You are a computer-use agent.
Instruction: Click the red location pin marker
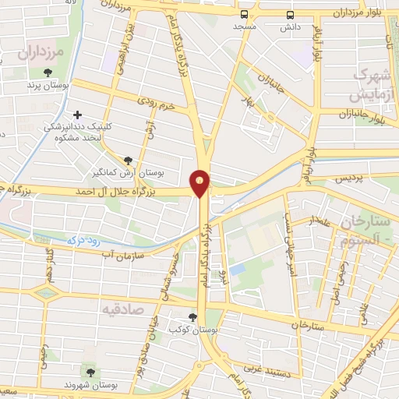tap(200, 182)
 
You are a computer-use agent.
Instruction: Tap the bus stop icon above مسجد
tap(245, 15)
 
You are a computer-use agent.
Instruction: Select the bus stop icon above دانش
tap(290, 15)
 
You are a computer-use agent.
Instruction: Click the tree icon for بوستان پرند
tap(48, 72)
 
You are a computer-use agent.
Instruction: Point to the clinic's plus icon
tap(77, 114)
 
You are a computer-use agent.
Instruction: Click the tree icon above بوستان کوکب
tap(192, 317)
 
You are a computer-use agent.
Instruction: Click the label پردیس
tap(350, 178)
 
